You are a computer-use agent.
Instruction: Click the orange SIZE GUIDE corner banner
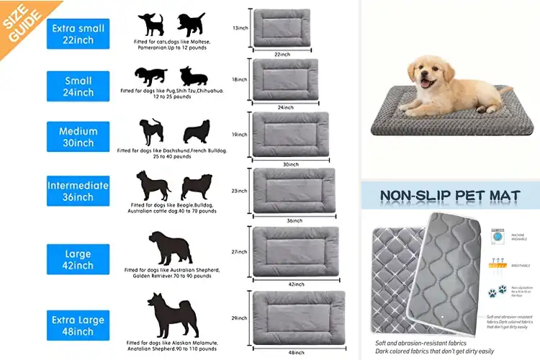20,19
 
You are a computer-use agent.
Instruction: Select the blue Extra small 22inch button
78,34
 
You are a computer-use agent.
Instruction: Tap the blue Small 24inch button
78,86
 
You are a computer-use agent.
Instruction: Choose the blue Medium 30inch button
78,137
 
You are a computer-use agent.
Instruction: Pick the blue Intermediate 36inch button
78,191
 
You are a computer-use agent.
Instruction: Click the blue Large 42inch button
78,259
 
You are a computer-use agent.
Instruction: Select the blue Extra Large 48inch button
78,325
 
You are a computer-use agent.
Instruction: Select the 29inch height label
240,318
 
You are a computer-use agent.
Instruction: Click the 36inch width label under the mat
293,220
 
